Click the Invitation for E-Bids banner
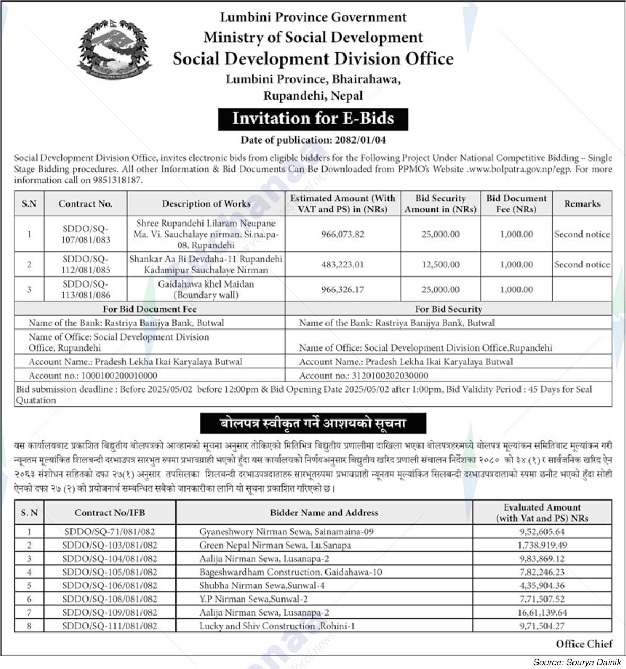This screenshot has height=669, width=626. point(313,118)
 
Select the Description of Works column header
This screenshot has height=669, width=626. point(206,203)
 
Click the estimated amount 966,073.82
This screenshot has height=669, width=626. point(342,234)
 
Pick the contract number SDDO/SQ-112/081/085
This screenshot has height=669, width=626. point(85,264)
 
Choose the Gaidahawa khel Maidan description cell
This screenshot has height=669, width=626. point(206,290)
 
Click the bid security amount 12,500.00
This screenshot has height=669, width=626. point(440,264)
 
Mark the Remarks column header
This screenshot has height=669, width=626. point(582,203)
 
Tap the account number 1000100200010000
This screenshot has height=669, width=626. point(119,376)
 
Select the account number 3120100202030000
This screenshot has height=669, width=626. point(390,376)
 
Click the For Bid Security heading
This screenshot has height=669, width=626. point(448,309)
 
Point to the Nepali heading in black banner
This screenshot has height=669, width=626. point(313,424)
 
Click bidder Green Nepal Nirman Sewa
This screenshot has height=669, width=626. point(275,545)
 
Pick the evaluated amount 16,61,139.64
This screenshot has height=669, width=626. point(542,612)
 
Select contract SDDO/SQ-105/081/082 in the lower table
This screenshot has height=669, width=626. point(110,572)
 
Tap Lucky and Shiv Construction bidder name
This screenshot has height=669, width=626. point(277,626)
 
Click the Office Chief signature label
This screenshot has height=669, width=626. point(584,644)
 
